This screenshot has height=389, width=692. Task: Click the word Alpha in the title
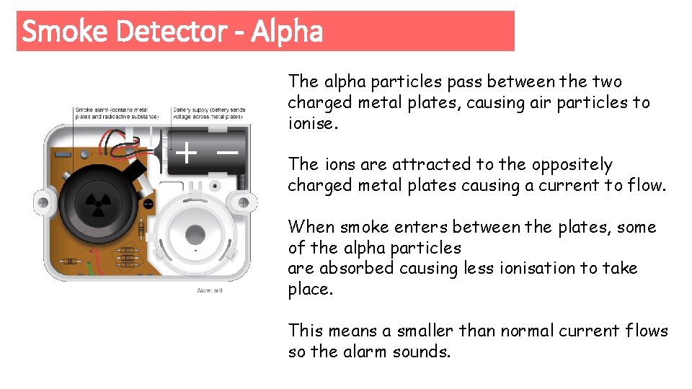287,32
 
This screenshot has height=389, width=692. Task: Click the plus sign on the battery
187,153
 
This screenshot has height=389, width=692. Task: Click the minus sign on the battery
227,153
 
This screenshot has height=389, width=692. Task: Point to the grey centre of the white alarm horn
195,234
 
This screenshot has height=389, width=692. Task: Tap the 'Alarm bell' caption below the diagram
208,290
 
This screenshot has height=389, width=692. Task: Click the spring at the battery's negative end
244,180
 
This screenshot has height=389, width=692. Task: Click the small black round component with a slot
148,204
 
